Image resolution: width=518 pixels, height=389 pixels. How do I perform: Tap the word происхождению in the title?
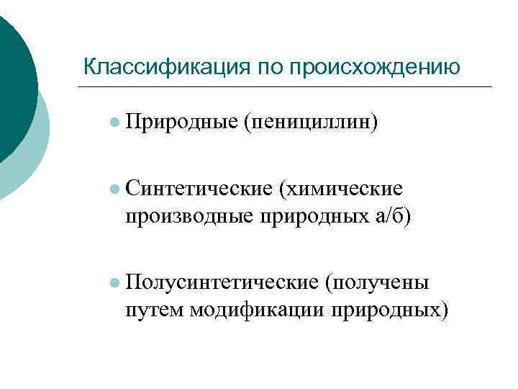point(373,67)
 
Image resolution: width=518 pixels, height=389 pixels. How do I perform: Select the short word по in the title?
point(261,67)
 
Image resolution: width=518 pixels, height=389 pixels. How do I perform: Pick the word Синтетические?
point(198,188)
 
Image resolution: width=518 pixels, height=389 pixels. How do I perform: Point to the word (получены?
point(378,282)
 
